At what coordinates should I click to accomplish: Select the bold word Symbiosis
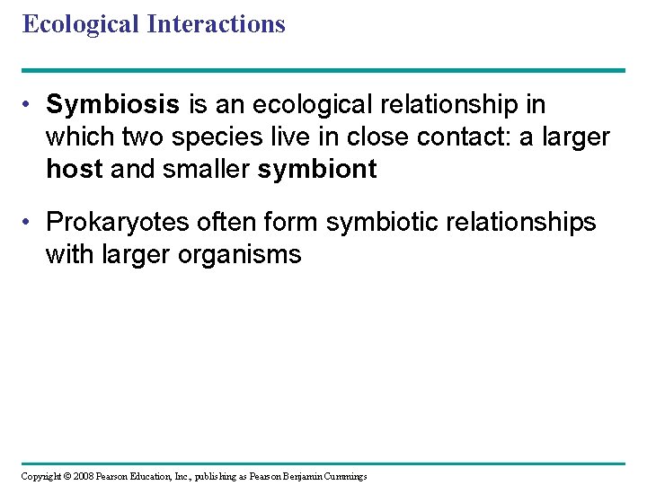click(x=113, y=105)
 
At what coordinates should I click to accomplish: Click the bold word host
click(x=75, y=169)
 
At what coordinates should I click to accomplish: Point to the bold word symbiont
click(x=317, y=169)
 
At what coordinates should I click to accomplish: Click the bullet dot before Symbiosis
click(x=30, y=106)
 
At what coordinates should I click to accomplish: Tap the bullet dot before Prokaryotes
click(x=30, y=223)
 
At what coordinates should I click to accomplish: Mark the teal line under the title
click(x=323, y=70)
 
